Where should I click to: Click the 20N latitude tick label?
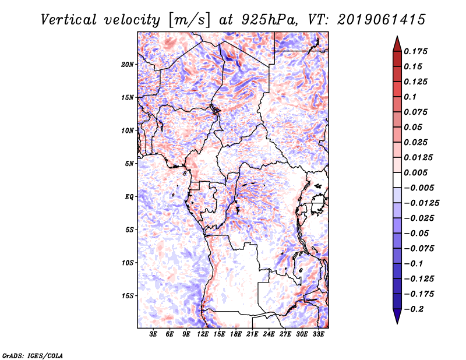tap(128, 64)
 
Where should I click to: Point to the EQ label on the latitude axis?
tap(129, 196)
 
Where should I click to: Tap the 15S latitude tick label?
tap(128, 295)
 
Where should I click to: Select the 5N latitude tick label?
tap(129, 163)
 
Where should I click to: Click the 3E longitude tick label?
tap(154, 334)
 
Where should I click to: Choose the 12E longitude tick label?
tap(203, 334)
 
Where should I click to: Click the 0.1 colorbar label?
tap(411, 97)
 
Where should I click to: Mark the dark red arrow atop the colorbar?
tap(397, 42)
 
